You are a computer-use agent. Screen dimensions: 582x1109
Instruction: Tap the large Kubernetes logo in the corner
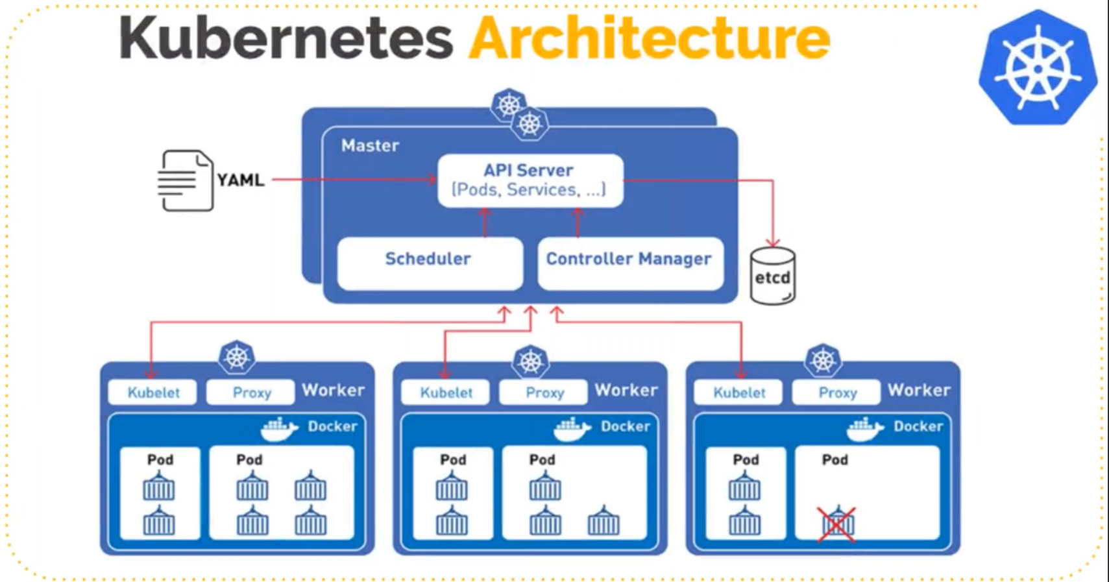(x=1037, y=67)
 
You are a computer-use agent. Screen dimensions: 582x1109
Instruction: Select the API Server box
(x=530, y=180)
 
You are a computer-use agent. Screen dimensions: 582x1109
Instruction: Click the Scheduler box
(x=429, y=262)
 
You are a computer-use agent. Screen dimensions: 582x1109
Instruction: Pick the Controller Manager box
(x=629, y=262)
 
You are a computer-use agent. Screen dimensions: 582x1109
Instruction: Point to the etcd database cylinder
(x=772, y=277)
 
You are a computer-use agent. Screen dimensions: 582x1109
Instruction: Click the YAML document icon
(x=186, y=180)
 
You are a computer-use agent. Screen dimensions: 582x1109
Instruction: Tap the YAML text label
(x=240, y=180)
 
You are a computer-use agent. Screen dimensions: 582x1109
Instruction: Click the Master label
(x=370, y=145)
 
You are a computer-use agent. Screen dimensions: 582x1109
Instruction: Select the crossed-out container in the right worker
(x=836, y=524)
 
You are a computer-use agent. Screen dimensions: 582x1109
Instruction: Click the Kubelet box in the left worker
(x=153, y=393)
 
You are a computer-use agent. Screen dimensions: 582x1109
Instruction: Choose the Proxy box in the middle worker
(x=544, y=393)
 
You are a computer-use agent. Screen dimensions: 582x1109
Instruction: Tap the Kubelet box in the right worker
(x=738, y=393)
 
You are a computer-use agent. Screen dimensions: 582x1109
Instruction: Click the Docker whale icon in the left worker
(x=279, y=429)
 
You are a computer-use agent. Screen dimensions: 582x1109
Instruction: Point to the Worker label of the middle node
(x=626, y=390)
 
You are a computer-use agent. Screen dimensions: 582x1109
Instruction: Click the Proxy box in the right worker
(x=837, y=393)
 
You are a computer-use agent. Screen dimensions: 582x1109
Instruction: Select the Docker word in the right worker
(x=918, y=426)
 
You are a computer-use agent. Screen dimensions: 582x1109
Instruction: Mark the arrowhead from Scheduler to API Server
(x=484, y=212)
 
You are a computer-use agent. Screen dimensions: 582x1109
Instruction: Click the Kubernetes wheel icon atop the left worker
(x=236, y=357)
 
